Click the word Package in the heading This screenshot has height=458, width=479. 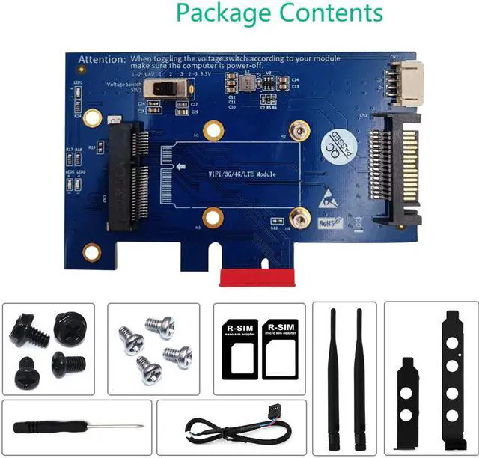click(222, 13)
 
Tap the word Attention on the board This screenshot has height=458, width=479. click(103, 58)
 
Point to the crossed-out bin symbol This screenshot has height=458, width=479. click(357, 221)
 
